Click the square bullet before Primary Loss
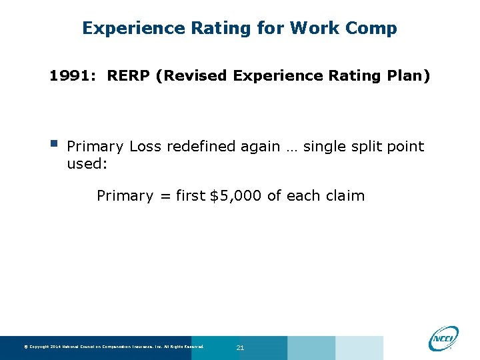tap(53, 143)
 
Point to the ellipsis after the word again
tap(291, 147)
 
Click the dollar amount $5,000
tap(236, 195)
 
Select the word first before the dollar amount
tap(191, 195)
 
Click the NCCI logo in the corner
tap(443, 337)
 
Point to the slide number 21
tap(240, 348)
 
